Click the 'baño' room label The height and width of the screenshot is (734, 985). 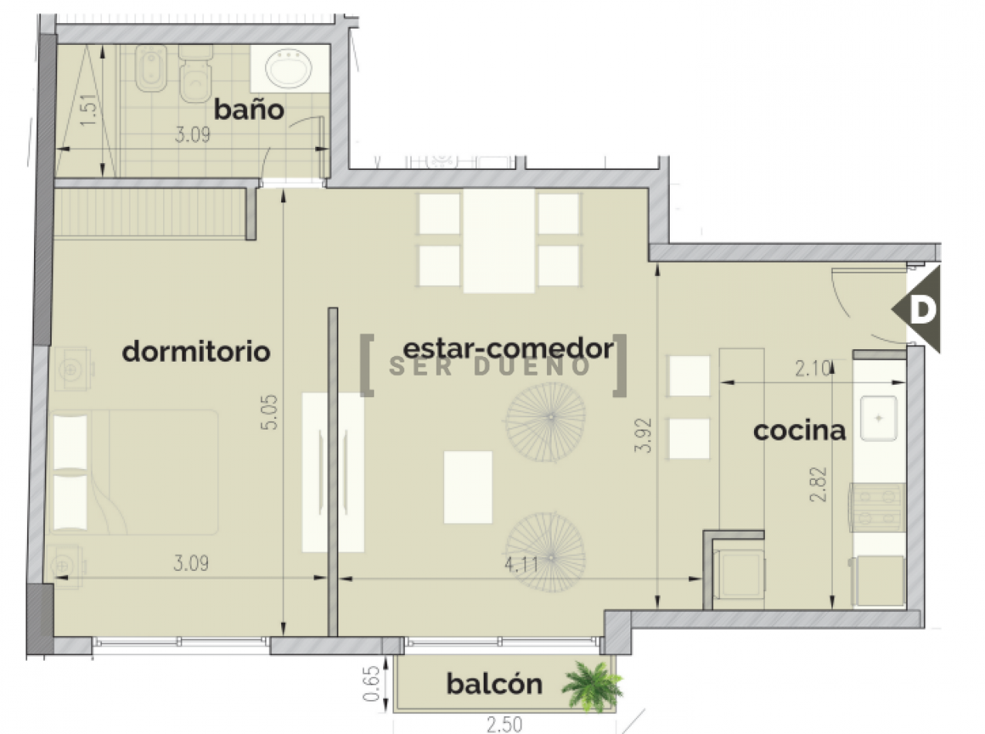point(249,110)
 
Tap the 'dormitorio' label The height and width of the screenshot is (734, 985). point(196,352)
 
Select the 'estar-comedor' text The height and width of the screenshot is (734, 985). point(508,348)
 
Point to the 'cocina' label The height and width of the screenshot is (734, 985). point(800,430)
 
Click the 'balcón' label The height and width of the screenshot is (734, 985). point(494,684)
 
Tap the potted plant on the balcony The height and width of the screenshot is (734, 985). point(592,684)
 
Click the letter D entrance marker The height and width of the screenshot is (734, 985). point(922,310)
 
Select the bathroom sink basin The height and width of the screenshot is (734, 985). point(289,69)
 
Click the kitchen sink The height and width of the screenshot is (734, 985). point(879,419)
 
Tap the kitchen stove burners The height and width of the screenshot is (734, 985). point(877,508)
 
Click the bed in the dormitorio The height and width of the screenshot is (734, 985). point(135,472)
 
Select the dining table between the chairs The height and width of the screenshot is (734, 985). point(499,240)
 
